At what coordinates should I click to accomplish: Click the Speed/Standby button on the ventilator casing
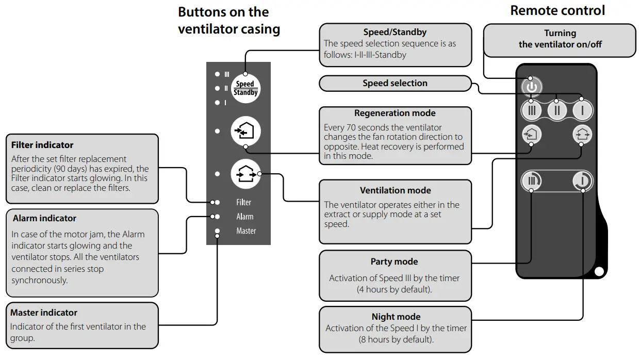coord(245,89)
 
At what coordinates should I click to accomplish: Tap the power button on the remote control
coord(532,87)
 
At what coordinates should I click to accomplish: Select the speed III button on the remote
coord(532,110)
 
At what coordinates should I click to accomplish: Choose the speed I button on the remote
coord(582,110)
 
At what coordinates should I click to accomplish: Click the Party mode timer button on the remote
coord(532,181)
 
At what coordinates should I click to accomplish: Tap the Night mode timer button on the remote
coord(583,181)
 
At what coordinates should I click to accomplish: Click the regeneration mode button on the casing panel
coord(245,131)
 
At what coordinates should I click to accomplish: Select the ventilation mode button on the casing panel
coord(245,174)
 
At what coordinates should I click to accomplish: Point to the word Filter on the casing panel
coord(243,202)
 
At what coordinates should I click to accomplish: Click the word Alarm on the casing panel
coord(245,217)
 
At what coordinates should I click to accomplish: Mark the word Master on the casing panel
coord(246,231)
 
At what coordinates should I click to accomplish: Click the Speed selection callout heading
coord(395,83)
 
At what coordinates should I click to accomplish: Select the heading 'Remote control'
coord(558,10)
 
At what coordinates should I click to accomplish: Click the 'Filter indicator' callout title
coord(42,145)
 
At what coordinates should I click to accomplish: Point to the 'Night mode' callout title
coord(396,317)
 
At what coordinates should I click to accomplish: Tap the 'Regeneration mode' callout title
coord(395,113)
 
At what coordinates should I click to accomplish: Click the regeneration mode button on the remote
coord(531,135)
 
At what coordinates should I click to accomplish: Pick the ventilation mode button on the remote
coord(583,135)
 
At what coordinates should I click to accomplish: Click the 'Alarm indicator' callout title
coord(44,218)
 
